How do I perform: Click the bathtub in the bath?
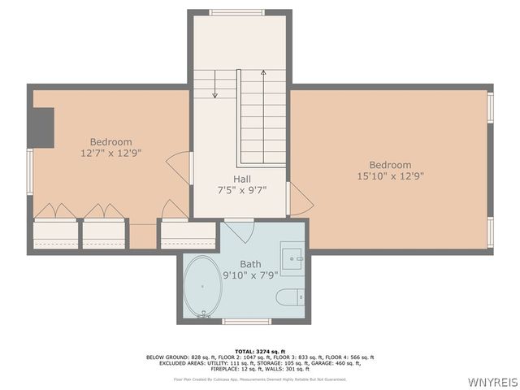coord(202,286)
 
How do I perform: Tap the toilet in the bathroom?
coord(290,297)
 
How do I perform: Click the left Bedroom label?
coord(110,142)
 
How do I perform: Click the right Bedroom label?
coord(390,165)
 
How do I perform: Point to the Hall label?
coord(241,179)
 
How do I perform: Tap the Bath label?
coord(251,264)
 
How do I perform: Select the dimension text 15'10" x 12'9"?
coord(390,175)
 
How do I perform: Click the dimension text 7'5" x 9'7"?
coord(241,190)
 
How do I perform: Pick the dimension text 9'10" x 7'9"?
coord(251,275)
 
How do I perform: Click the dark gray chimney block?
coord(41,128)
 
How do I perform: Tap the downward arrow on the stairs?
coord(214,84)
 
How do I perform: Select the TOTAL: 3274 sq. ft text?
coord(260,350)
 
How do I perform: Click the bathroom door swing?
coord(239,229)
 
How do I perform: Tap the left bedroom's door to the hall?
coord(180,167)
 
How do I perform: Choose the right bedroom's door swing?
coord(298,199)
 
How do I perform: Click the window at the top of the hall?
coord(236,12)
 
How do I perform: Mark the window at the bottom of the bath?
coord(246,321)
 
